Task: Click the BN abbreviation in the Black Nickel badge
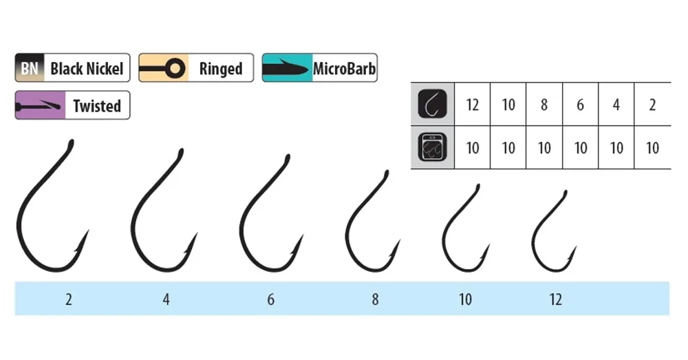(30, 68)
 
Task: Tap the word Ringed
(221, 69)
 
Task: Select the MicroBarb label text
(344, 68)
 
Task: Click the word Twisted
(97, 106)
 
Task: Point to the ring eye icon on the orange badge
(175, 68)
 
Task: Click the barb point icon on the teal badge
(286, 68)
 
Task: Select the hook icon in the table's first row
(432, 104)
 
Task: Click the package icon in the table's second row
(432, 147)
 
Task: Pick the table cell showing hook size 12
(472, 105)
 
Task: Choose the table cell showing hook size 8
(544, 105)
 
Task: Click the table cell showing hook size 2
(652, 105)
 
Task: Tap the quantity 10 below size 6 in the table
(580, 148)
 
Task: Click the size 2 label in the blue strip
(68, 299)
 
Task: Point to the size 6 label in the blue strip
(270, 299)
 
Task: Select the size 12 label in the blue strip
(555, 299)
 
